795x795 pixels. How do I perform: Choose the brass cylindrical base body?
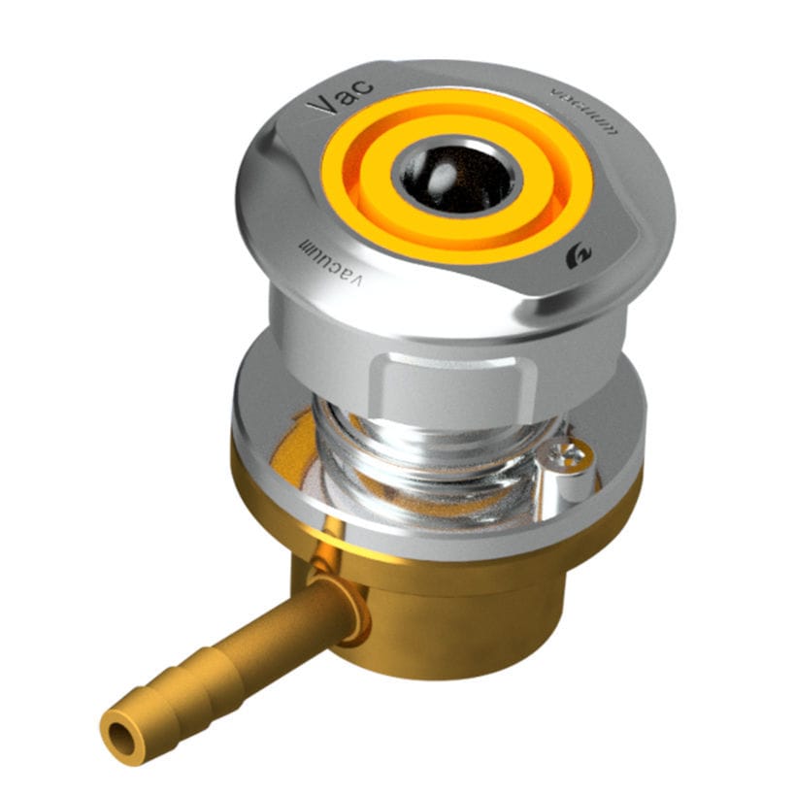[466, 602]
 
